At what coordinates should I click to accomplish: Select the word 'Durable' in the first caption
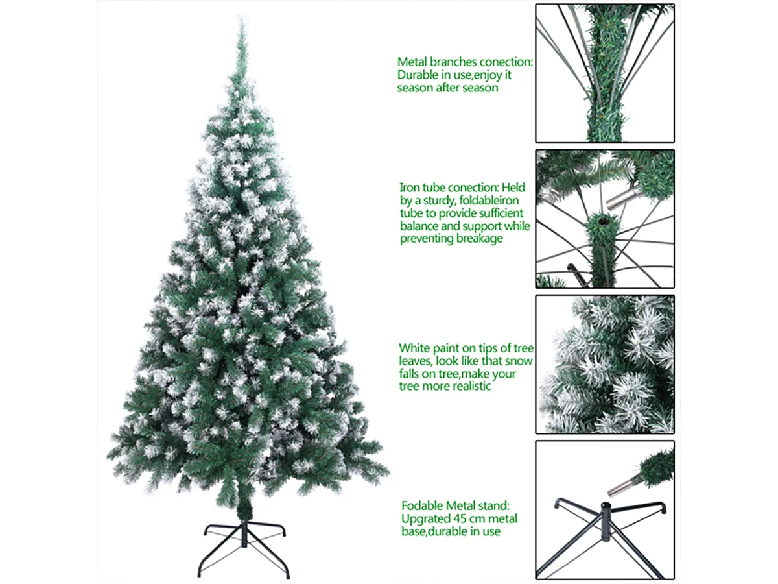pos(417,75)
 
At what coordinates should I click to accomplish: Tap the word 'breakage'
pos(478,238)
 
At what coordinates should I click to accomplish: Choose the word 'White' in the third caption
pos(414,348)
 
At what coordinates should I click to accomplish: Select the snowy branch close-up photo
pos(604,364)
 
